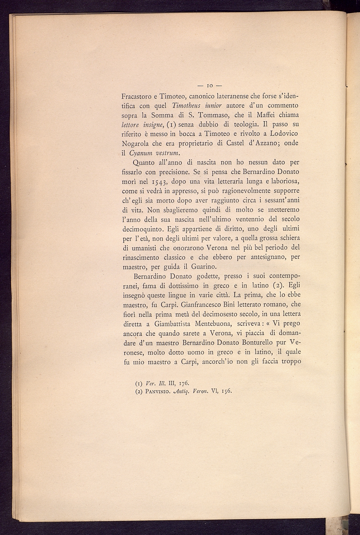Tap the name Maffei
click(260, 115)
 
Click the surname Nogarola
click(138, 143)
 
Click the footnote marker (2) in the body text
click(277, 286)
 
